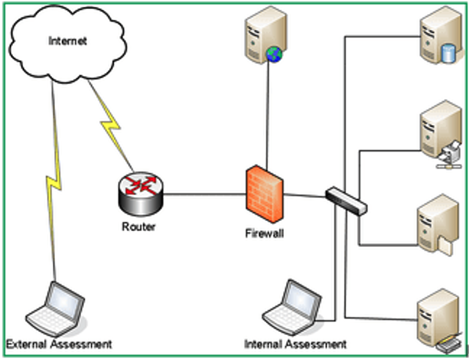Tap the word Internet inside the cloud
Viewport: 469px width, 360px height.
(68, 41)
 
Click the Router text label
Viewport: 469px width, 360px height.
(139, 226)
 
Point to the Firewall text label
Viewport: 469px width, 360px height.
(264, 234)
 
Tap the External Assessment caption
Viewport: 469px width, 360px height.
(59, 345)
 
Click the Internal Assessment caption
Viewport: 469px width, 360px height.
(295, 345)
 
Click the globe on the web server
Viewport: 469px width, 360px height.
(274, 55)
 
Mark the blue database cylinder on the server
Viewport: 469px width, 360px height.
(449, 54)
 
